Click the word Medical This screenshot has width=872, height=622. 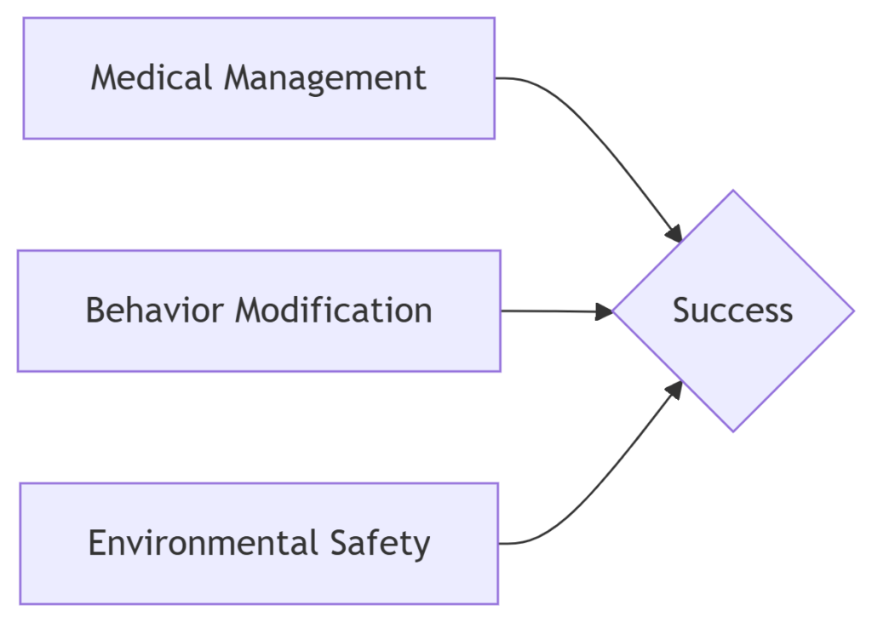(x=152, y=77)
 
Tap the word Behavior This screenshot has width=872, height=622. (x=155, y=311)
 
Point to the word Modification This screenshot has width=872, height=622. (x=334, y=311)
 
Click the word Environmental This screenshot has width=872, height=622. (x=204, y=543)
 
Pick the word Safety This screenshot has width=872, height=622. (x=381, y=544)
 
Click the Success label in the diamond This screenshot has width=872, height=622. (x=733, y=311)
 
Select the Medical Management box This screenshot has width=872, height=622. (x=259, y=78)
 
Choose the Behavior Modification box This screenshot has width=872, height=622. (x=259, y=311)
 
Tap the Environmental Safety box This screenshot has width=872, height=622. (x=259, y=544)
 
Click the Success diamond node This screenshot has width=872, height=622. (x=733, y=311)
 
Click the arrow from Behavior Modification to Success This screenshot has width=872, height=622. (x=556, y=311)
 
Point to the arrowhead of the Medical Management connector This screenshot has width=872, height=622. (x=674, y=234)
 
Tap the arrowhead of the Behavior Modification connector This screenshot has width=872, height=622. (x=604, y=311)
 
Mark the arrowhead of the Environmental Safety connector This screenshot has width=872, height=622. (x=674, y=389)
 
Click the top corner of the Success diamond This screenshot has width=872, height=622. (x=733, y=190)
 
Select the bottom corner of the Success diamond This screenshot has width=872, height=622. (x=733, y=431)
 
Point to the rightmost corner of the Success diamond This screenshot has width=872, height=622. (x=854, y=311)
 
